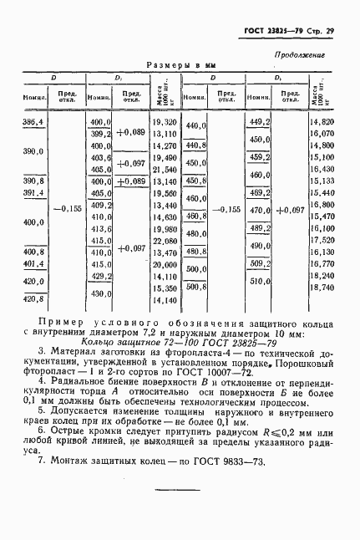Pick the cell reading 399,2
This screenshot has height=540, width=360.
100,134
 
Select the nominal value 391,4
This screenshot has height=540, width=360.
33,192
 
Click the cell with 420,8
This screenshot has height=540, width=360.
33,299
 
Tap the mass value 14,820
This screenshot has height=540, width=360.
321,122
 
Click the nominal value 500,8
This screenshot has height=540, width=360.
195,287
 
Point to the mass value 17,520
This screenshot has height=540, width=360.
321,239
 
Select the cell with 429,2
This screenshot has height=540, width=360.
100,275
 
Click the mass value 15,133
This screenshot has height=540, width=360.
321,181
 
